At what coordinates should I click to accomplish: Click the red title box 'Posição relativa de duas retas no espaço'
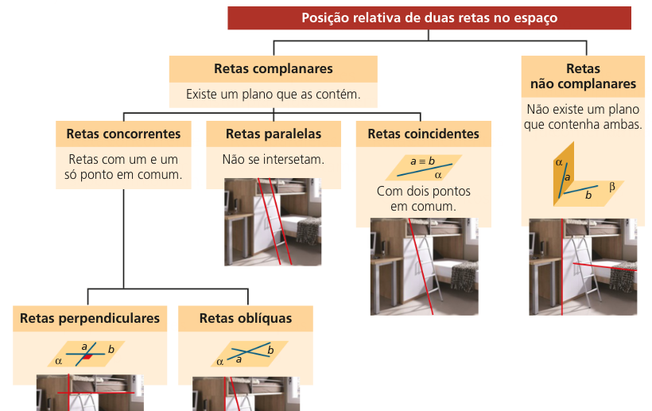pos(429,17)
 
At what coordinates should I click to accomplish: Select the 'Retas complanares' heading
pos(273,69)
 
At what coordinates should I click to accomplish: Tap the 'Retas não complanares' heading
pos(583,76)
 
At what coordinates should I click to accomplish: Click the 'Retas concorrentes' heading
pos(123,134)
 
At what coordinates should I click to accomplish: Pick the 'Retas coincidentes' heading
pos(423,134)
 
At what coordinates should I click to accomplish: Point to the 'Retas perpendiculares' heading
pos(90,318)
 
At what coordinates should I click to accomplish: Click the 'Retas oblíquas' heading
pos(246,318)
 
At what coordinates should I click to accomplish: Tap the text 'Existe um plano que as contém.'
pos(273,95)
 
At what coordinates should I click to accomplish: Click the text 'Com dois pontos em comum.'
pos(424,199)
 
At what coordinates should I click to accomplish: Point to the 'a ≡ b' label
pos(422,161)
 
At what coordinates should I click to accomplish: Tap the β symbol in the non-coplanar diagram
pos(612,188)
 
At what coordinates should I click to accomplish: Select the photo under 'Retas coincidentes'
pos(423,266)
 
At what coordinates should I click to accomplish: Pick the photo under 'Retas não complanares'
pos(583,266)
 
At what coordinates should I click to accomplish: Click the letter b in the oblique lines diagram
pos(270,350)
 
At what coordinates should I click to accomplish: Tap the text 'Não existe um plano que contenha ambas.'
pos(584,117)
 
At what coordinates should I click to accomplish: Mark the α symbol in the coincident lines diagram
pos(438,173)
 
